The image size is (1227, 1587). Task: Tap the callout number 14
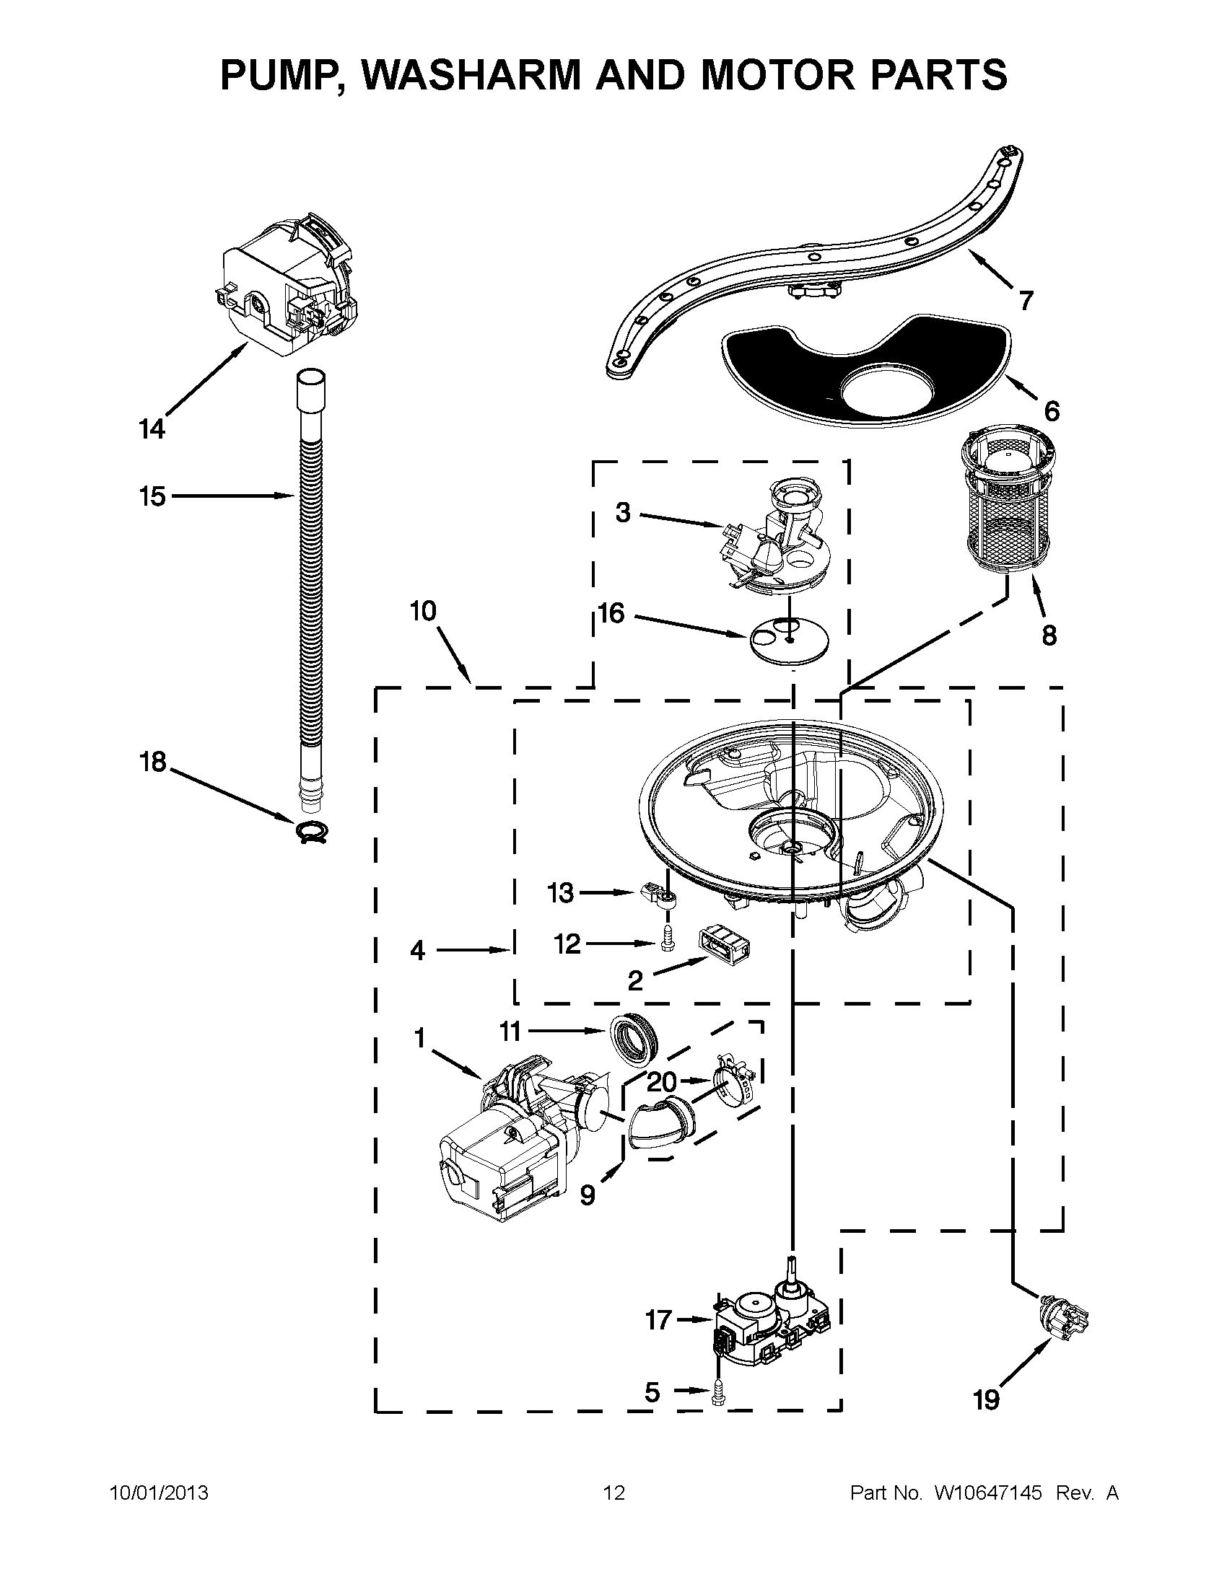point(151,429)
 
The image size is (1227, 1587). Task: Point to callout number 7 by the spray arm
point(1026,300)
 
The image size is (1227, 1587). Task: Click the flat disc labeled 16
point(789,640)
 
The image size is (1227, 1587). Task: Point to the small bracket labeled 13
point(661,896)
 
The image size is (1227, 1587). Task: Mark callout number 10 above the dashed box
point(422,611)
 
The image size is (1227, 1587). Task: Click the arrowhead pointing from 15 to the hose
point(288,496)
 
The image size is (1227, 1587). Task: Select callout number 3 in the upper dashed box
point(623,513)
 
